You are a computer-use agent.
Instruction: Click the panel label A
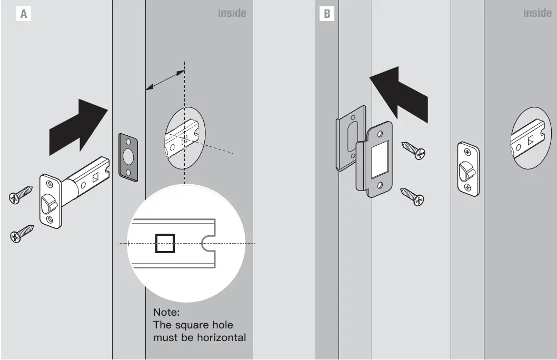coord(23,14)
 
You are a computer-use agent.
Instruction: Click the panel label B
coord(327,14)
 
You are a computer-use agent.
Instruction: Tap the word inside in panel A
coord(232,13)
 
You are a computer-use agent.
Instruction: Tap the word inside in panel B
coord(537,13)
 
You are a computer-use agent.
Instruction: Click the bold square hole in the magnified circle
coord(165,243)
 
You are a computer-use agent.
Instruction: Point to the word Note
coord(166,313)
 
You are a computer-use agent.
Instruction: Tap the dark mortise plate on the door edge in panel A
coord(128,157)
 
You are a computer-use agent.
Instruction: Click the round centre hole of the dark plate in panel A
coord(128,157)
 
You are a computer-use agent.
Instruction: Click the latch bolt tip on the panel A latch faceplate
coord(48,201)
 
